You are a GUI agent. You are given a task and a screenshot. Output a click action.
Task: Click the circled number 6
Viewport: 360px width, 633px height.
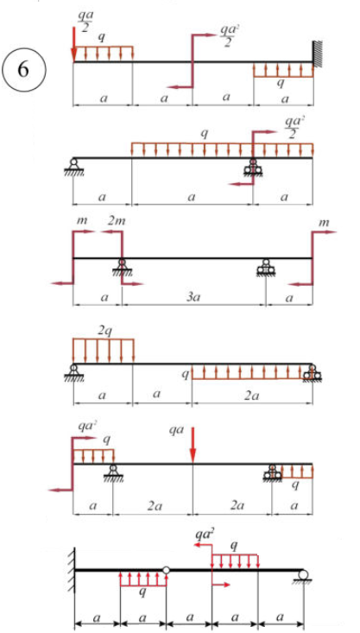click(24, 70)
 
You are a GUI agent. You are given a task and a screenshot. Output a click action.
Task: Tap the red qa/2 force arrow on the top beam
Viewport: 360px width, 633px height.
click(74, 44)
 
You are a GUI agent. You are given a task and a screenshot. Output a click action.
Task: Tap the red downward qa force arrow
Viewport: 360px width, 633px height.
click(193, 445)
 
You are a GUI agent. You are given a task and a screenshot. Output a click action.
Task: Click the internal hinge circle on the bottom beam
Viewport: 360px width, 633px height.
click(167, 570)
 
